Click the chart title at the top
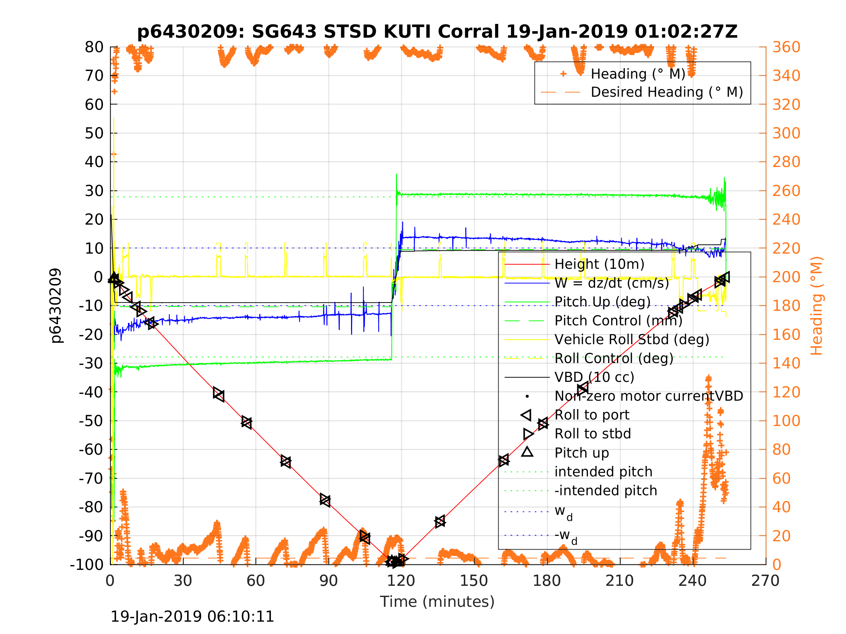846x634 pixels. coord(437,32)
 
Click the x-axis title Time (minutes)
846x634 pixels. coord(437,601)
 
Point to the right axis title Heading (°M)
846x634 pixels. coord(816,306)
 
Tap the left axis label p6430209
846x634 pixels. coord(56,306)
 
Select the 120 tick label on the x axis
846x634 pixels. coord(401,581)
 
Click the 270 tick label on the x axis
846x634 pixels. coord(765,581)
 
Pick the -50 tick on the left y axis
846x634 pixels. coord(91,421)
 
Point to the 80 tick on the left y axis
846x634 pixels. coord(94,47)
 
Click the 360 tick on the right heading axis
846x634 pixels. coord(786,47)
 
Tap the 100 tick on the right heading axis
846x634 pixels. coord(786,421)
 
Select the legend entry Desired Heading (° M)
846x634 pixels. coord(667,92)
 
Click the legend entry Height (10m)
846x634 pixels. coord(599,264)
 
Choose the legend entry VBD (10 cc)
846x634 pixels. coord(594,377)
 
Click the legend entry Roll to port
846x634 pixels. coord(592,415)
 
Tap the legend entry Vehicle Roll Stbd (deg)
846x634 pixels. coord(632,339)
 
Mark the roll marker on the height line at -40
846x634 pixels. coord(218,394)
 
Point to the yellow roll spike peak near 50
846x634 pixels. coord(114,119)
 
